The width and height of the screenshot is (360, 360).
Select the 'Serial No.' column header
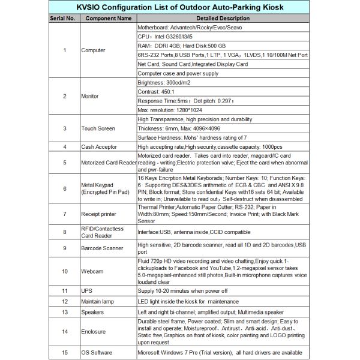pyautogui.click(x=62, y=19)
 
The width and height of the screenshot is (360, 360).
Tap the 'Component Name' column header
pyautogui.click(x=108, y=19)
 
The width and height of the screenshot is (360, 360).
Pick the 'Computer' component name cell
pyautogui.click(x=93, y=50)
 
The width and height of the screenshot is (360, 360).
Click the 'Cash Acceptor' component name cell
pyautogui.click(x=99, y=146)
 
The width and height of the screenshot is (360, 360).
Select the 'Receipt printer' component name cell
pyautogui.click(x=100, y=214)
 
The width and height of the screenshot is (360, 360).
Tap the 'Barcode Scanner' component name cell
pyautogui.click(x=101, y=248)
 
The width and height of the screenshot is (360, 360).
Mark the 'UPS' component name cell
pyautogui.click(x=87, y=290)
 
